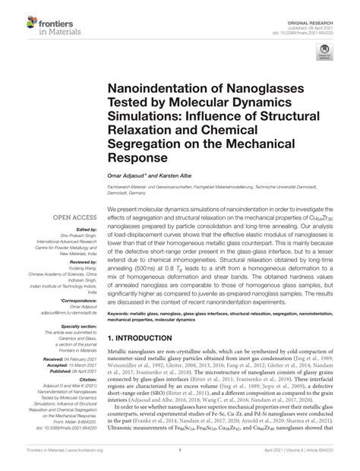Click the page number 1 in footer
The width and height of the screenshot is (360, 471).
click(x=180, y=460)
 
